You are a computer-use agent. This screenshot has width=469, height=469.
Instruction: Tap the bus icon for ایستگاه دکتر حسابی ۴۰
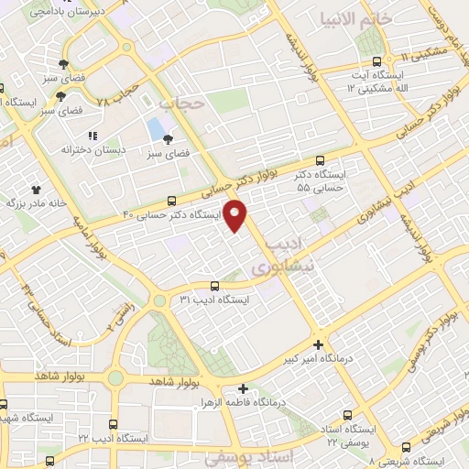(172, 202)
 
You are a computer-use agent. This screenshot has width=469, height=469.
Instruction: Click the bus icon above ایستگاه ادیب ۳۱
(213, 286)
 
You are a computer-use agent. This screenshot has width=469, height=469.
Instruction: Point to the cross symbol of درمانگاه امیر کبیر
(318, 345)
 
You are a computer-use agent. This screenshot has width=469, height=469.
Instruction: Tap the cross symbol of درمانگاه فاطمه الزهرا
(242, 388)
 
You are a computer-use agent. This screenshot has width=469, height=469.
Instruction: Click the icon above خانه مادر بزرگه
(36, 189)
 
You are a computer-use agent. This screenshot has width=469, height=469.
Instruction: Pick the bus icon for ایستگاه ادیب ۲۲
(113, 425)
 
